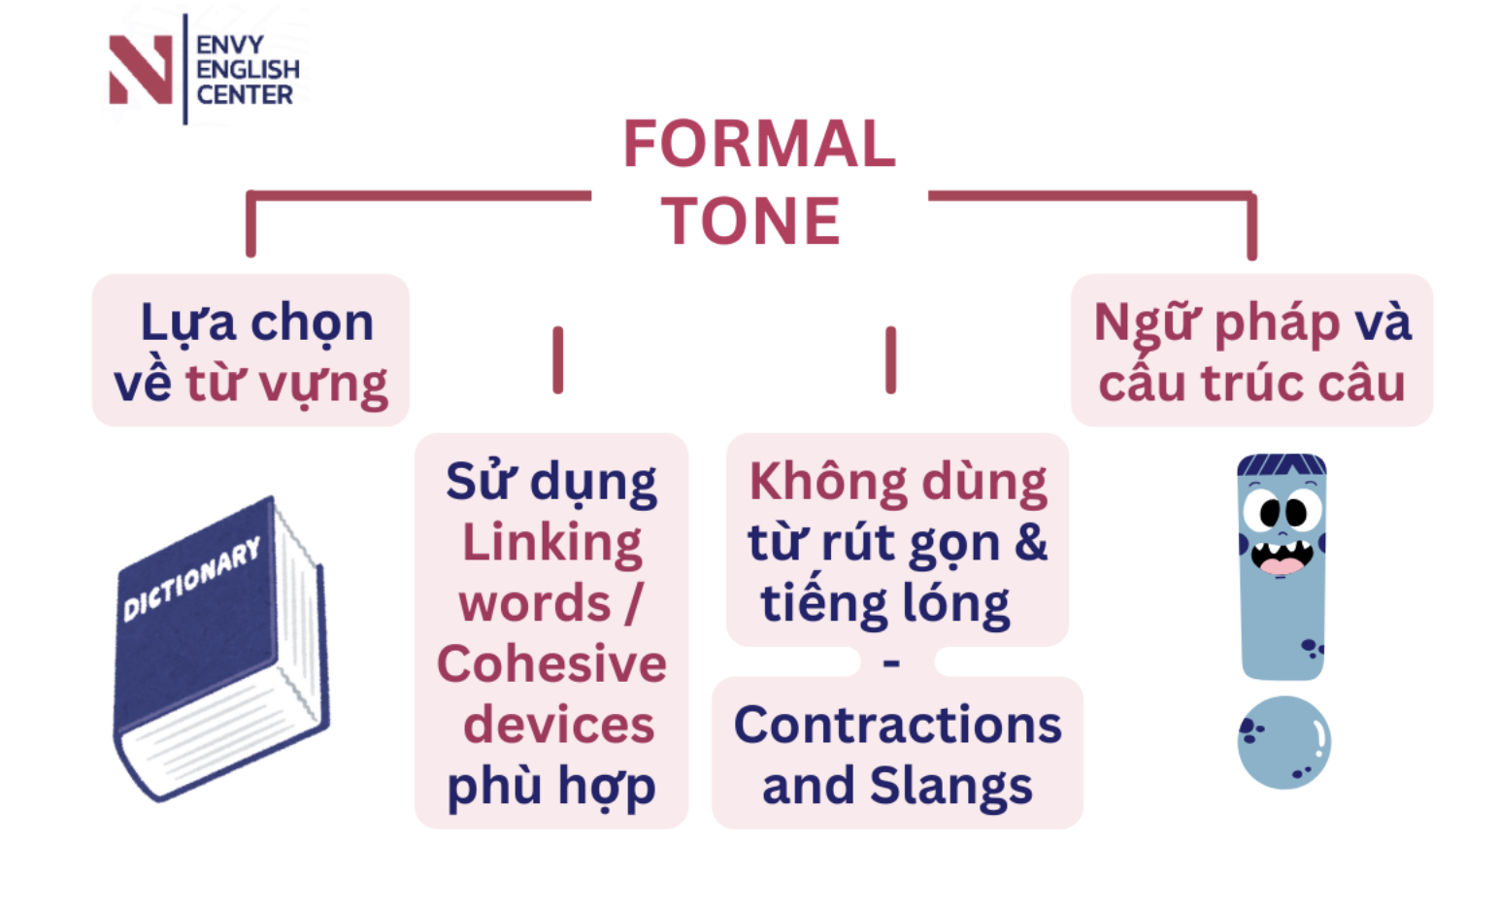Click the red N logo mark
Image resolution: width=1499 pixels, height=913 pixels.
141,69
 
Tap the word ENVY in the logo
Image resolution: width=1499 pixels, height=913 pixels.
230,45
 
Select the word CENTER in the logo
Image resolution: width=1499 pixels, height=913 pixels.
245,95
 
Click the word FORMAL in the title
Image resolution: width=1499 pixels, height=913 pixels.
759,145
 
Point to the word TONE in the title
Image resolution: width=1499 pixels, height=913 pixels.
750,221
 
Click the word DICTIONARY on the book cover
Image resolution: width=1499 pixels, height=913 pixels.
192,579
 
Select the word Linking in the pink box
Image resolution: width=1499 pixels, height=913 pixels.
551,542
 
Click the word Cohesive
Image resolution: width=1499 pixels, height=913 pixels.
551,664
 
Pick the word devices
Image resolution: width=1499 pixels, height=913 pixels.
558,726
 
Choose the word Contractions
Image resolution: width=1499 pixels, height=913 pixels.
897,726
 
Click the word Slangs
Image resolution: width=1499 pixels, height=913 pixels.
950,787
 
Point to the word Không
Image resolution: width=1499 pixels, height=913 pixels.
815,482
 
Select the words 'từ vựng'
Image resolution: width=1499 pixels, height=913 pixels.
286,385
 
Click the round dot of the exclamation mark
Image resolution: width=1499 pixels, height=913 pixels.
1283,743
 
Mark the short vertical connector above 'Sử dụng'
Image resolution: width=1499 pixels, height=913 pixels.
558,360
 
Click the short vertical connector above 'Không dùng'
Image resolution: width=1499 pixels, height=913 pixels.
890,360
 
